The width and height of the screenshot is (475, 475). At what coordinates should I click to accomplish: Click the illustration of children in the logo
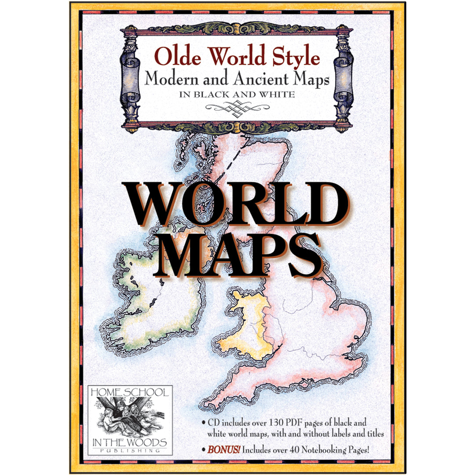[x=129, y=411]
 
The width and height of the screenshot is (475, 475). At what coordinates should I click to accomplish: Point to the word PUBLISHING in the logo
[x=129, y=450]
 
